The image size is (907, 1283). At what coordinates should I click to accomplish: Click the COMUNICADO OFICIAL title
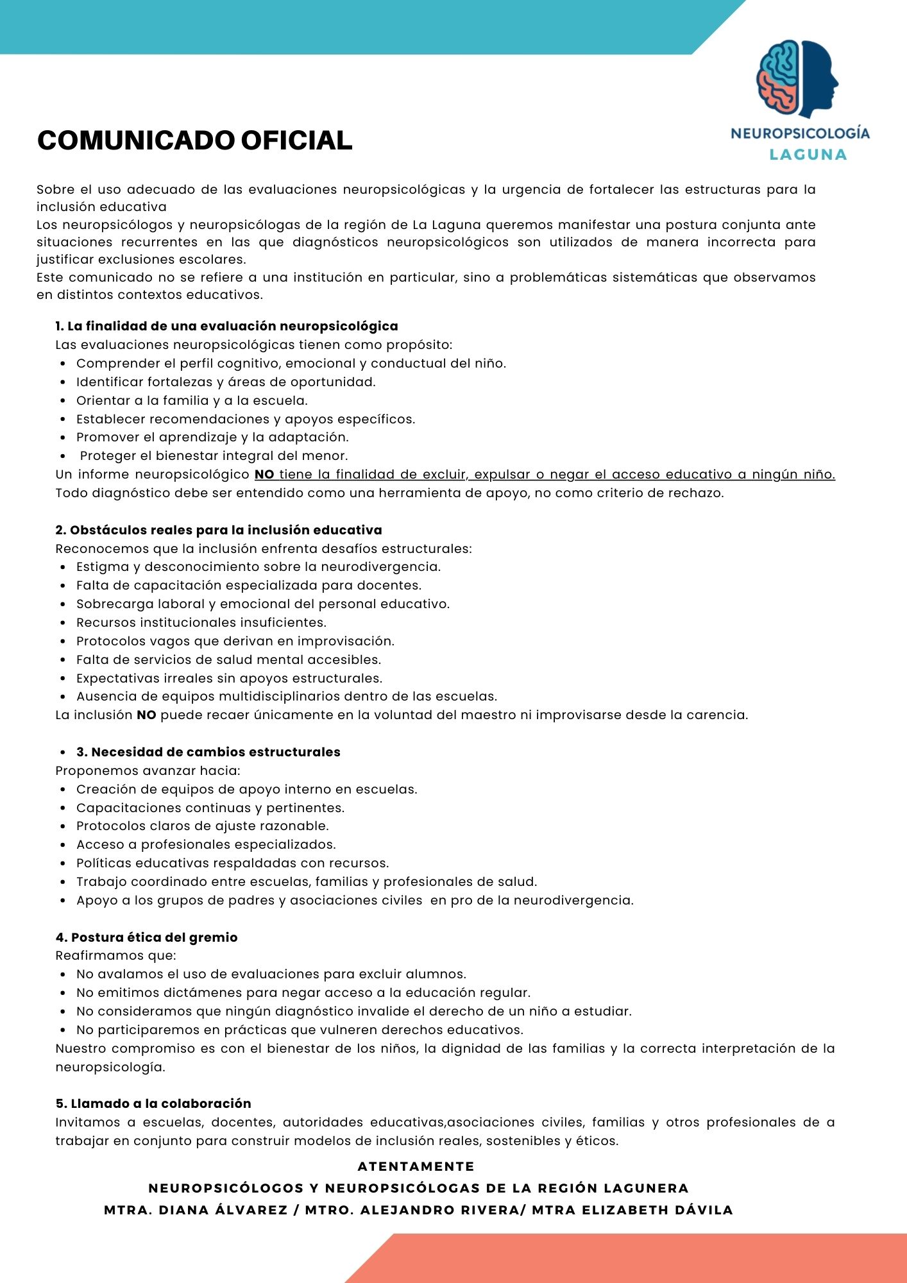click(195, 140)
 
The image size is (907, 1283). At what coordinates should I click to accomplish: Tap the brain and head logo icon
click(797, 79)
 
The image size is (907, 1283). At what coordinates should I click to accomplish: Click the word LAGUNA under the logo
click(808, 155)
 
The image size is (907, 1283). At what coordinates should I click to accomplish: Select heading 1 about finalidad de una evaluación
click(226, 326)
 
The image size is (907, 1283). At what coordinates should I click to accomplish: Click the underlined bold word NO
click(264, 475)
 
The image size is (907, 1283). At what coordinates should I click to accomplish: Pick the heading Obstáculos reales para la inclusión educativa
click(218, 530)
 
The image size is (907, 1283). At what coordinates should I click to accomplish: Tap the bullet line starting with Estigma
click(258, 566)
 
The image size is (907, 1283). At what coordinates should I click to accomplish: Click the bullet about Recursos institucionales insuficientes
click(201, 622)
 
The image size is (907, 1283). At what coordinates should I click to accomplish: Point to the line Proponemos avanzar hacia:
click(148, 770)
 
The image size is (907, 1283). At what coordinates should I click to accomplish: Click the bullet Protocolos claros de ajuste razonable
click(202, 826)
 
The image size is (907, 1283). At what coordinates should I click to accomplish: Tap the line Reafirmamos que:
click(115, 955)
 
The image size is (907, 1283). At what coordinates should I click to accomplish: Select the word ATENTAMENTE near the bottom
click(416, 1166)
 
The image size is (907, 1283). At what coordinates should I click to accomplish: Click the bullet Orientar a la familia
click(192, 400)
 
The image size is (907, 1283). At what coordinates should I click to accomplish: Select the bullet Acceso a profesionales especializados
click(206, 844)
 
